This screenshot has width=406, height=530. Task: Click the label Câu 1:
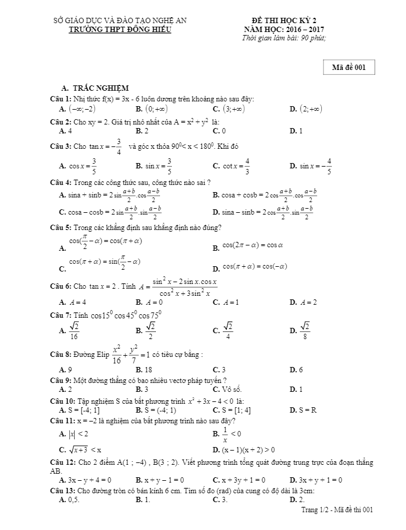pos(60,98)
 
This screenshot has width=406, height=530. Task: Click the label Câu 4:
pos(60,182)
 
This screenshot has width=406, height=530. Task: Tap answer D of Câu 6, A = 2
pos(308,302)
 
